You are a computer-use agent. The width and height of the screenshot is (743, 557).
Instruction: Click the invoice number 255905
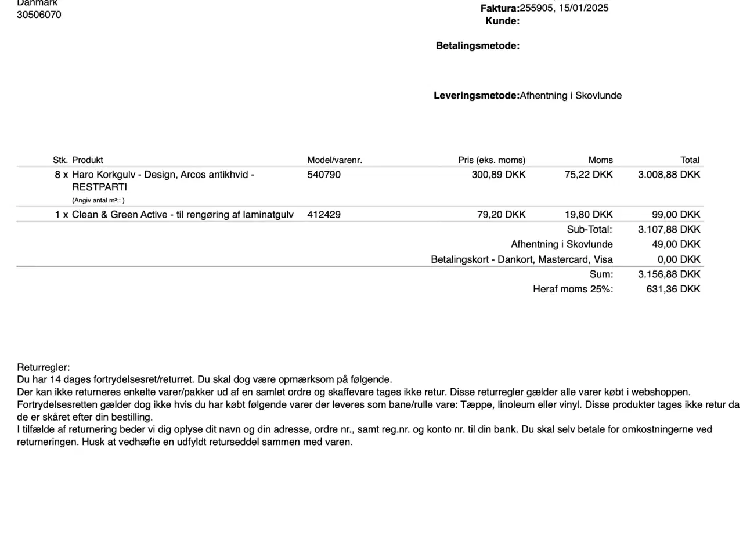pyautogui.click(x=537, y=8)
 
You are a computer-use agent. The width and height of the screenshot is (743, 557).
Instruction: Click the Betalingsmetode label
pyautogui.click(x=477, y=46)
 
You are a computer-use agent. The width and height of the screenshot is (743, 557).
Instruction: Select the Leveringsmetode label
pyautogui.click(x=476, y=96)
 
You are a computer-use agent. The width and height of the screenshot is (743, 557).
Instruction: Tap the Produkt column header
pyautogui.click(x=88, y=160)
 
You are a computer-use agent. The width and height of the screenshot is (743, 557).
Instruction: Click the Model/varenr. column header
pyautogui.click(x=334, y=160)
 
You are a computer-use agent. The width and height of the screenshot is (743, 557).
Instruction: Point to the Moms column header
pyautogui.click(x=600, y=160)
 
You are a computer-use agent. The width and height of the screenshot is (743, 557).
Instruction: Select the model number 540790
pyautogui.click(x=324, y=175)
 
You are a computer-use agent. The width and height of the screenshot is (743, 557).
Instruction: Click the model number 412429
pyautogui.click(x=324, y=215)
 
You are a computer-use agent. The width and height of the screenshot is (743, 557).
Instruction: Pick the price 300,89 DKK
pyautogui.click(x=499, y=175)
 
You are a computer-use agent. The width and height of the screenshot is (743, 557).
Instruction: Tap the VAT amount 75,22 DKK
pyautogui.click(x=589, y=175)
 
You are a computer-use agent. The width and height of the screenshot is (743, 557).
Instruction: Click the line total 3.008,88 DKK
pyautogui.click(x=669, y=175)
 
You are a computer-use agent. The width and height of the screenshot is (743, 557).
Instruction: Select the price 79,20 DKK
pyautogui.click(x=502, y=215)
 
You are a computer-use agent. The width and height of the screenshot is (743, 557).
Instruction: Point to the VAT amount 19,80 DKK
pyautogui.click(x=589, y=215)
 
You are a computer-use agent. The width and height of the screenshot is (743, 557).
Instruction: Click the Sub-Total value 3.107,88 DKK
pyautogui.click(x=669, y=230)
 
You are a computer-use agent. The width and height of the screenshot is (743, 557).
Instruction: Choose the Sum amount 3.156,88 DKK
pyautogui.click(x=669, y=274)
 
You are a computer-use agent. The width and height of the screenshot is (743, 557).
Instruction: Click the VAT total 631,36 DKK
pyautogui.click(x=673, y=290)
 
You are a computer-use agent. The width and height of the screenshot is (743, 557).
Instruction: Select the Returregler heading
pyautogui.click(x=44, y=368)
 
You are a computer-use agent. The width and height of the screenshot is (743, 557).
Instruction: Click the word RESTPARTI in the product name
pyautogui.click(x=99, y=187)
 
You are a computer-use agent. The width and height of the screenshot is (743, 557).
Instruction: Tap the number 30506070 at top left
pyautogui.click(x=39, y=15)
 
